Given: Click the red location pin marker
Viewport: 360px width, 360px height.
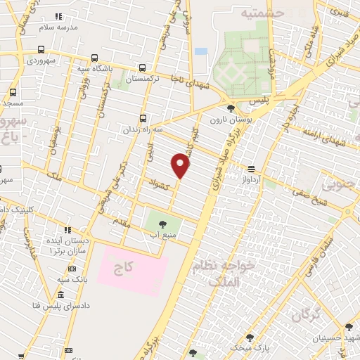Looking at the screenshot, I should pyautogui.click(x=181, y=167).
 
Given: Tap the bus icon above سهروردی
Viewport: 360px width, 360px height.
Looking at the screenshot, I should pyautogui.click(x=41, y=50).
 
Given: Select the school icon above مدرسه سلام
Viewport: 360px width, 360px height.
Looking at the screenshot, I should pyautogui.click(x=59, y=15).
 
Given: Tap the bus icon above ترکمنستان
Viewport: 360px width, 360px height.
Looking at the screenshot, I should pyautogui.click(x=143, y=68).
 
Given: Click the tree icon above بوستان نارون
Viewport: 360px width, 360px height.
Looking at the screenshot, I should pyautogui.click(x=231, y=108).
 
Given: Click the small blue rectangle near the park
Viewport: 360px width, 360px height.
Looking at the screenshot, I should pyautogui.click(x=201, y=51).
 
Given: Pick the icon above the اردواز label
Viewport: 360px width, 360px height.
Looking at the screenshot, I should pyautogui.click(x=251, y=168).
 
